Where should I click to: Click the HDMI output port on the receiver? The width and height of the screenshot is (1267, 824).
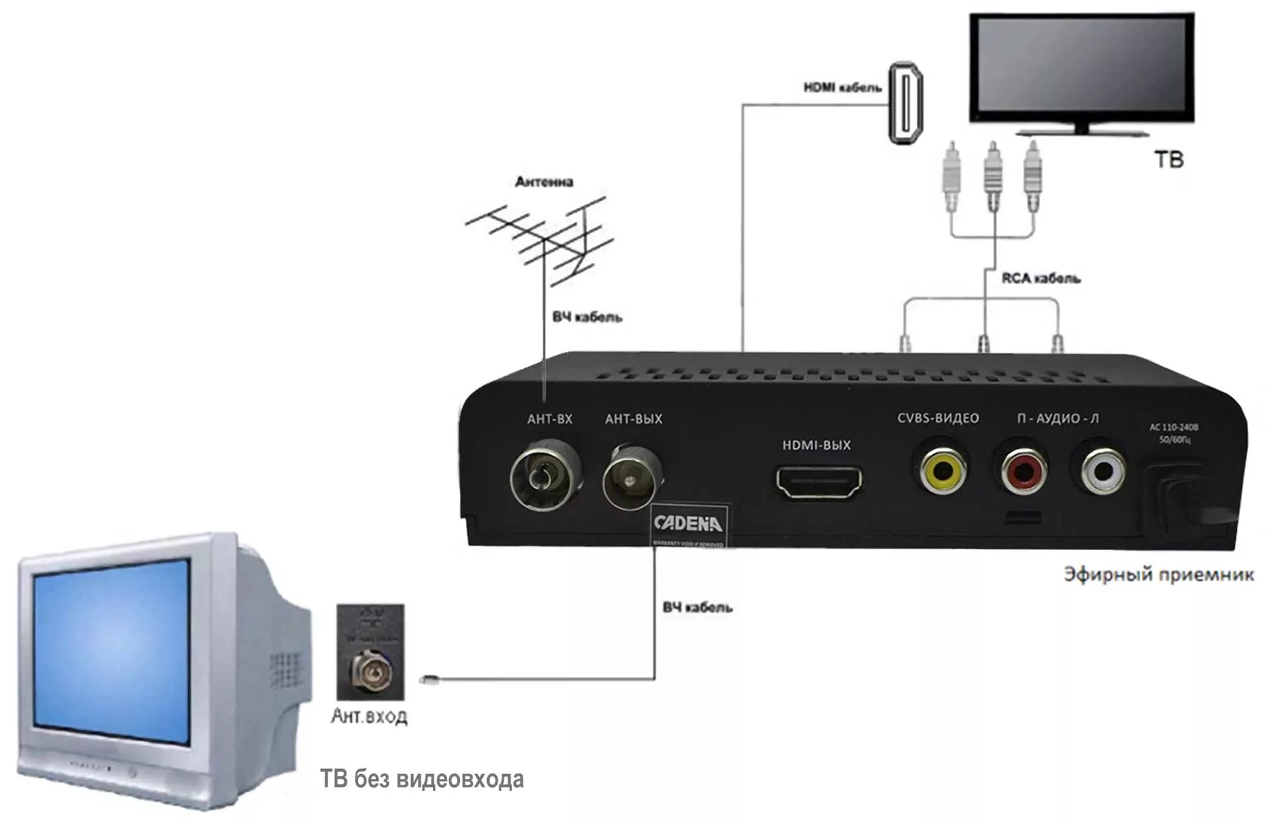pos(818,482)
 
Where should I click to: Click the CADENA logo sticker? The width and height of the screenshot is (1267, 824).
pos(688,524)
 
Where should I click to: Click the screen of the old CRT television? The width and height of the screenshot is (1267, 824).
pos(112,650)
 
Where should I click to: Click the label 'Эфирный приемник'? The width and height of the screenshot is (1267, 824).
pos(1158,574)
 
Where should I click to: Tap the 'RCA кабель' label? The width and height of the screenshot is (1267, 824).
pos(1041,279)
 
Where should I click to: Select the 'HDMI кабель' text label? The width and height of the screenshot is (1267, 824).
pos(842,87)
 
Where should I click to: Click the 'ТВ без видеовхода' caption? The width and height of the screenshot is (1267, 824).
pos(422,779)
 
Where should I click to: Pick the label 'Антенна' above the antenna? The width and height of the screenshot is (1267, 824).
pos(544,182)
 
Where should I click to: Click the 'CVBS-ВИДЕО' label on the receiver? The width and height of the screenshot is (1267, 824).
pos(938,418)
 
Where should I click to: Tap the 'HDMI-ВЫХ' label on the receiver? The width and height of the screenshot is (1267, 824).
pos(816,445)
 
